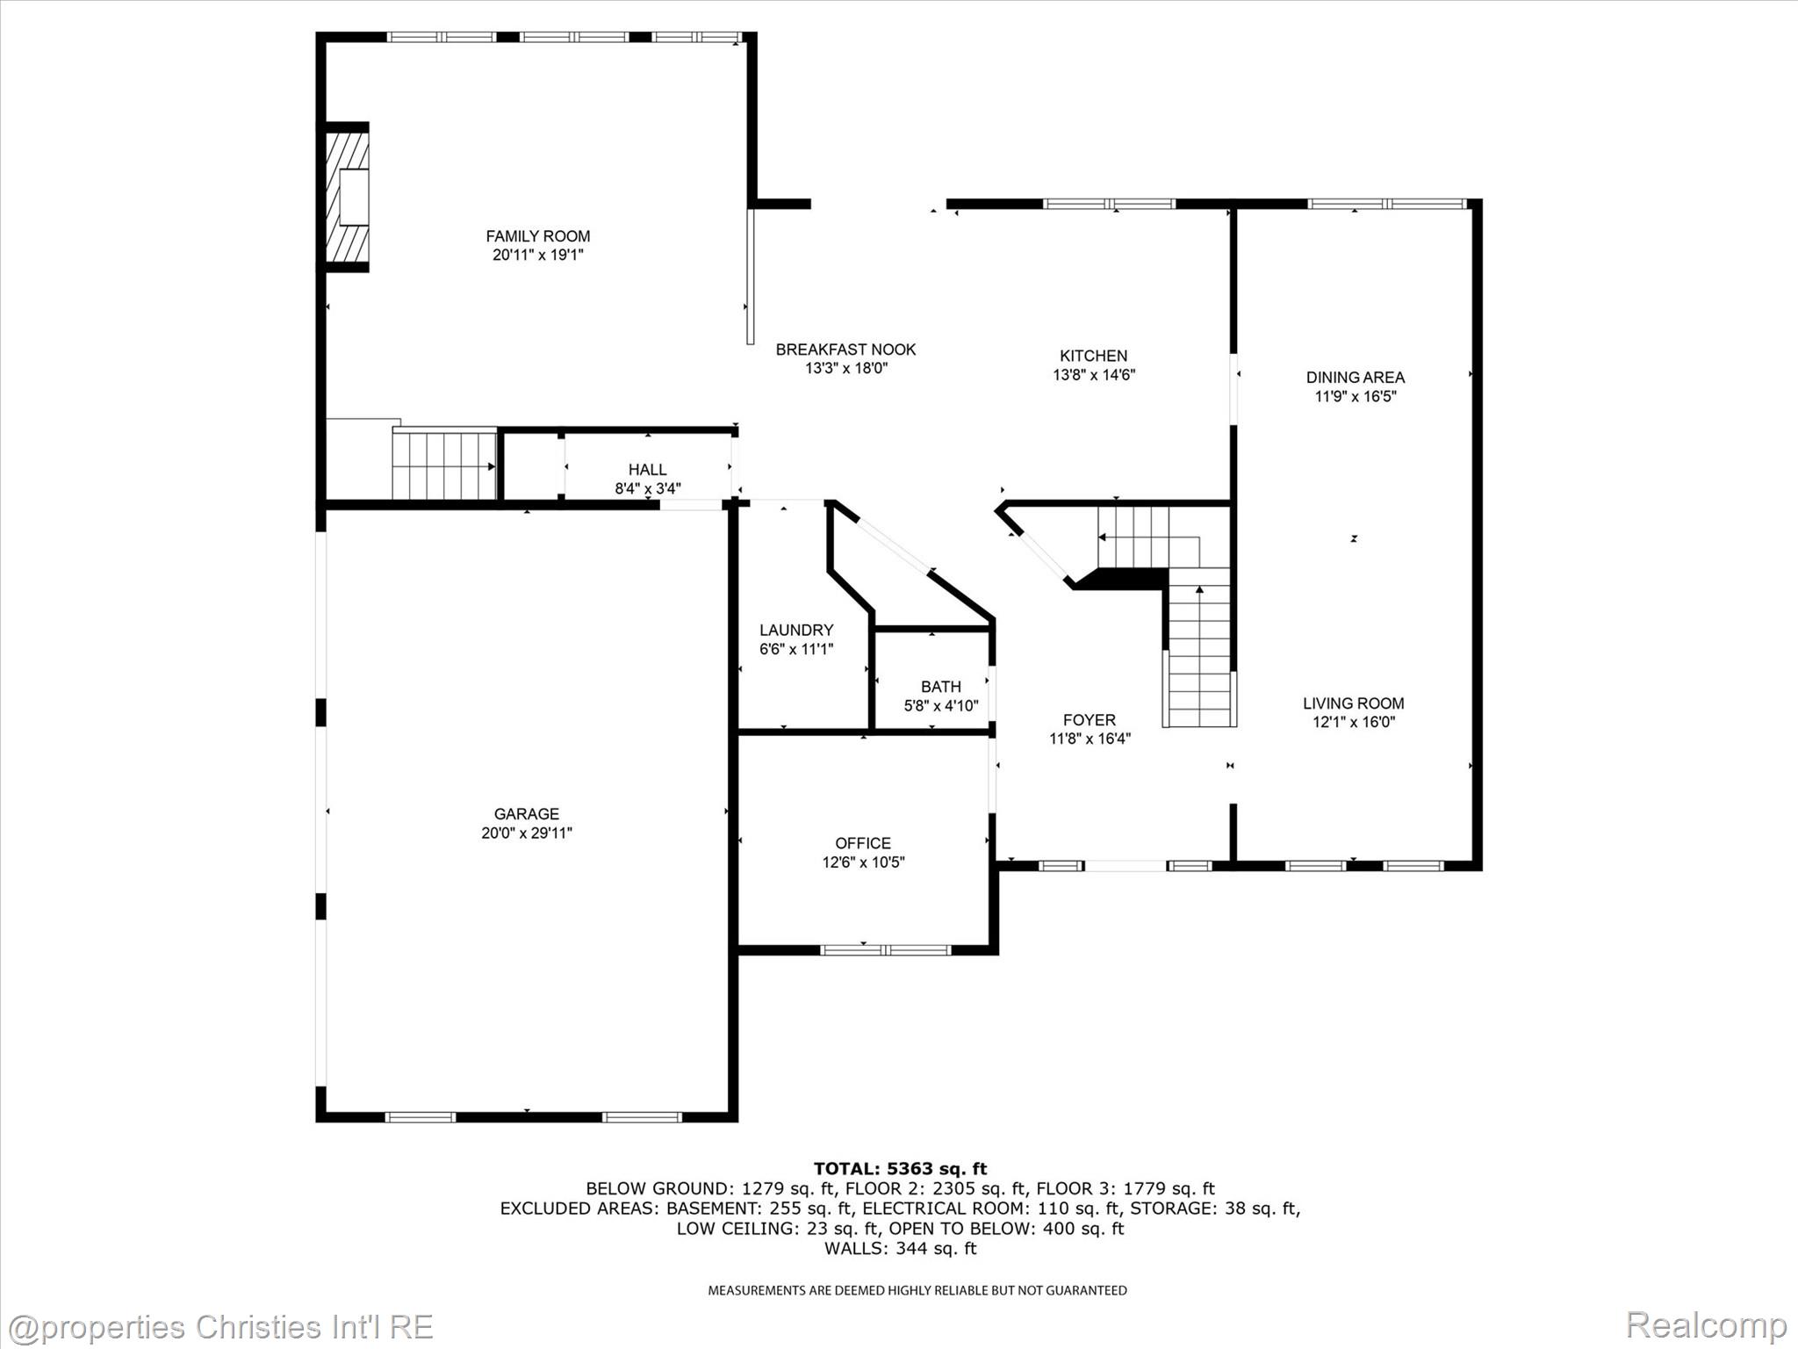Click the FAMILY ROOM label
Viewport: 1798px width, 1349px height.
pyautogui.click(x=537, y=236)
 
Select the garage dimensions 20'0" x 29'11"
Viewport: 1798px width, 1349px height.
pyautogui.click(x=526, y=833)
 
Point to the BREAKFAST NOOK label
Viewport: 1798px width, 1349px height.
pyautogui.click(x=845, y=350)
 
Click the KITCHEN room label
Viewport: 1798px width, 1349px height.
pyautogui.click(x=1093, y=356)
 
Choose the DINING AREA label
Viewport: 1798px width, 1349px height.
pyautogui.click(x=1355, y=378)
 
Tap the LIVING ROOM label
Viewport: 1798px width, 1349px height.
pyautogui.click(x=1353, y=703)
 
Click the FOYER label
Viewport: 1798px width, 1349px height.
pyautogui.click(x=1089, y=720)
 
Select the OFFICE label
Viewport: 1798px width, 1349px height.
pyautogui.click(x=863, y=843)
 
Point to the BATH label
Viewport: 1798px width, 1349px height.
pyautogui.click(x=940, y=687)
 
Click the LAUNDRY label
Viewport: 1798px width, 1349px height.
pyautogui.click(x=795, y=631)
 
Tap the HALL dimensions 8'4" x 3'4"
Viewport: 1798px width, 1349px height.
pyautogui.click(x=647, y=488)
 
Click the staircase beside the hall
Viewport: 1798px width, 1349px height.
pyautogui.click(x=443, y=465)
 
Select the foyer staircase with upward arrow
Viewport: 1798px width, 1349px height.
pyautogui.click(x=1198, y=650)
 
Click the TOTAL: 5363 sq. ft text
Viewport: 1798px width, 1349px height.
pyautogui.click(x=900, y=1168)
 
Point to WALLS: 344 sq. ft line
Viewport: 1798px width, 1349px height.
pyautogui.click(x=900, y=1248)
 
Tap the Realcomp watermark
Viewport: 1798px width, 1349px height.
pyautogui.click(x=1706, y=1324)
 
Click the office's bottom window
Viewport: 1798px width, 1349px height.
pyautogui.click(x=885, y=949)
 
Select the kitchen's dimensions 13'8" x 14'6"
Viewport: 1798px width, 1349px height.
pyautogui.click(x=1094, y=375)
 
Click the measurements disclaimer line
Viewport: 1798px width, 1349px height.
pyautogui.click(x=917, y=1290)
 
